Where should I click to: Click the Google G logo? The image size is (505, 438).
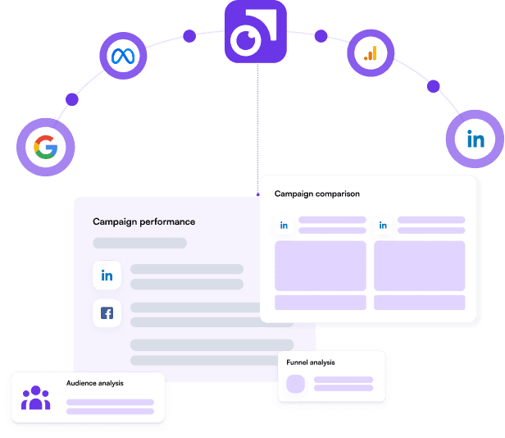(45, 148)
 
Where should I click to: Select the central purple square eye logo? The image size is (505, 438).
(256, 33)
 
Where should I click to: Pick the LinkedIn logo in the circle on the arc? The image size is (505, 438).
(475, 139)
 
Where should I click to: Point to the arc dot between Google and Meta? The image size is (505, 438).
(72, 99)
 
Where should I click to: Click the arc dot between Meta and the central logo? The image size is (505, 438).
(189, 36)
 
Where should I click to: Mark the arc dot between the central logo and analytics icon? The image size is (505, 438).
(321, 36)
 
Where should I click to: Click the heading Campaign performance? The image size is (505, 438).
(143, 221)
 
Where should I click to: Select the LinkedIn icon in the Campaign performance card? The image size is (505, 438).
(107, 276)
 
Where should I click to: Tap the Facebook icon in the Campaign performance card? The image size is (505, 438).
(107, 313)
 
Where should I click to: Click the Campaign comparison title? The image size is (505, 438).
(316, 194)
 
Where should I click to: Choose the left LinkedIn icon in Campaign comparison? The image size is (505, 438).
(284, 225)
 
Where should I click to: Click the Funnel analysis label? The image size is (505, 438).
(311, 362)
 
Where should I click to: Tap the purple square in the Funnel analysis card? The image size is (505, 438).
(296, 384)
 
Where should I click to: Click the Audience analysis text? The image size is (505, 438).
(94, 383)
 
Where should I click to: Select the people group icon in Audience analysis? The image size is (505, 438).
(36, 398)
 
